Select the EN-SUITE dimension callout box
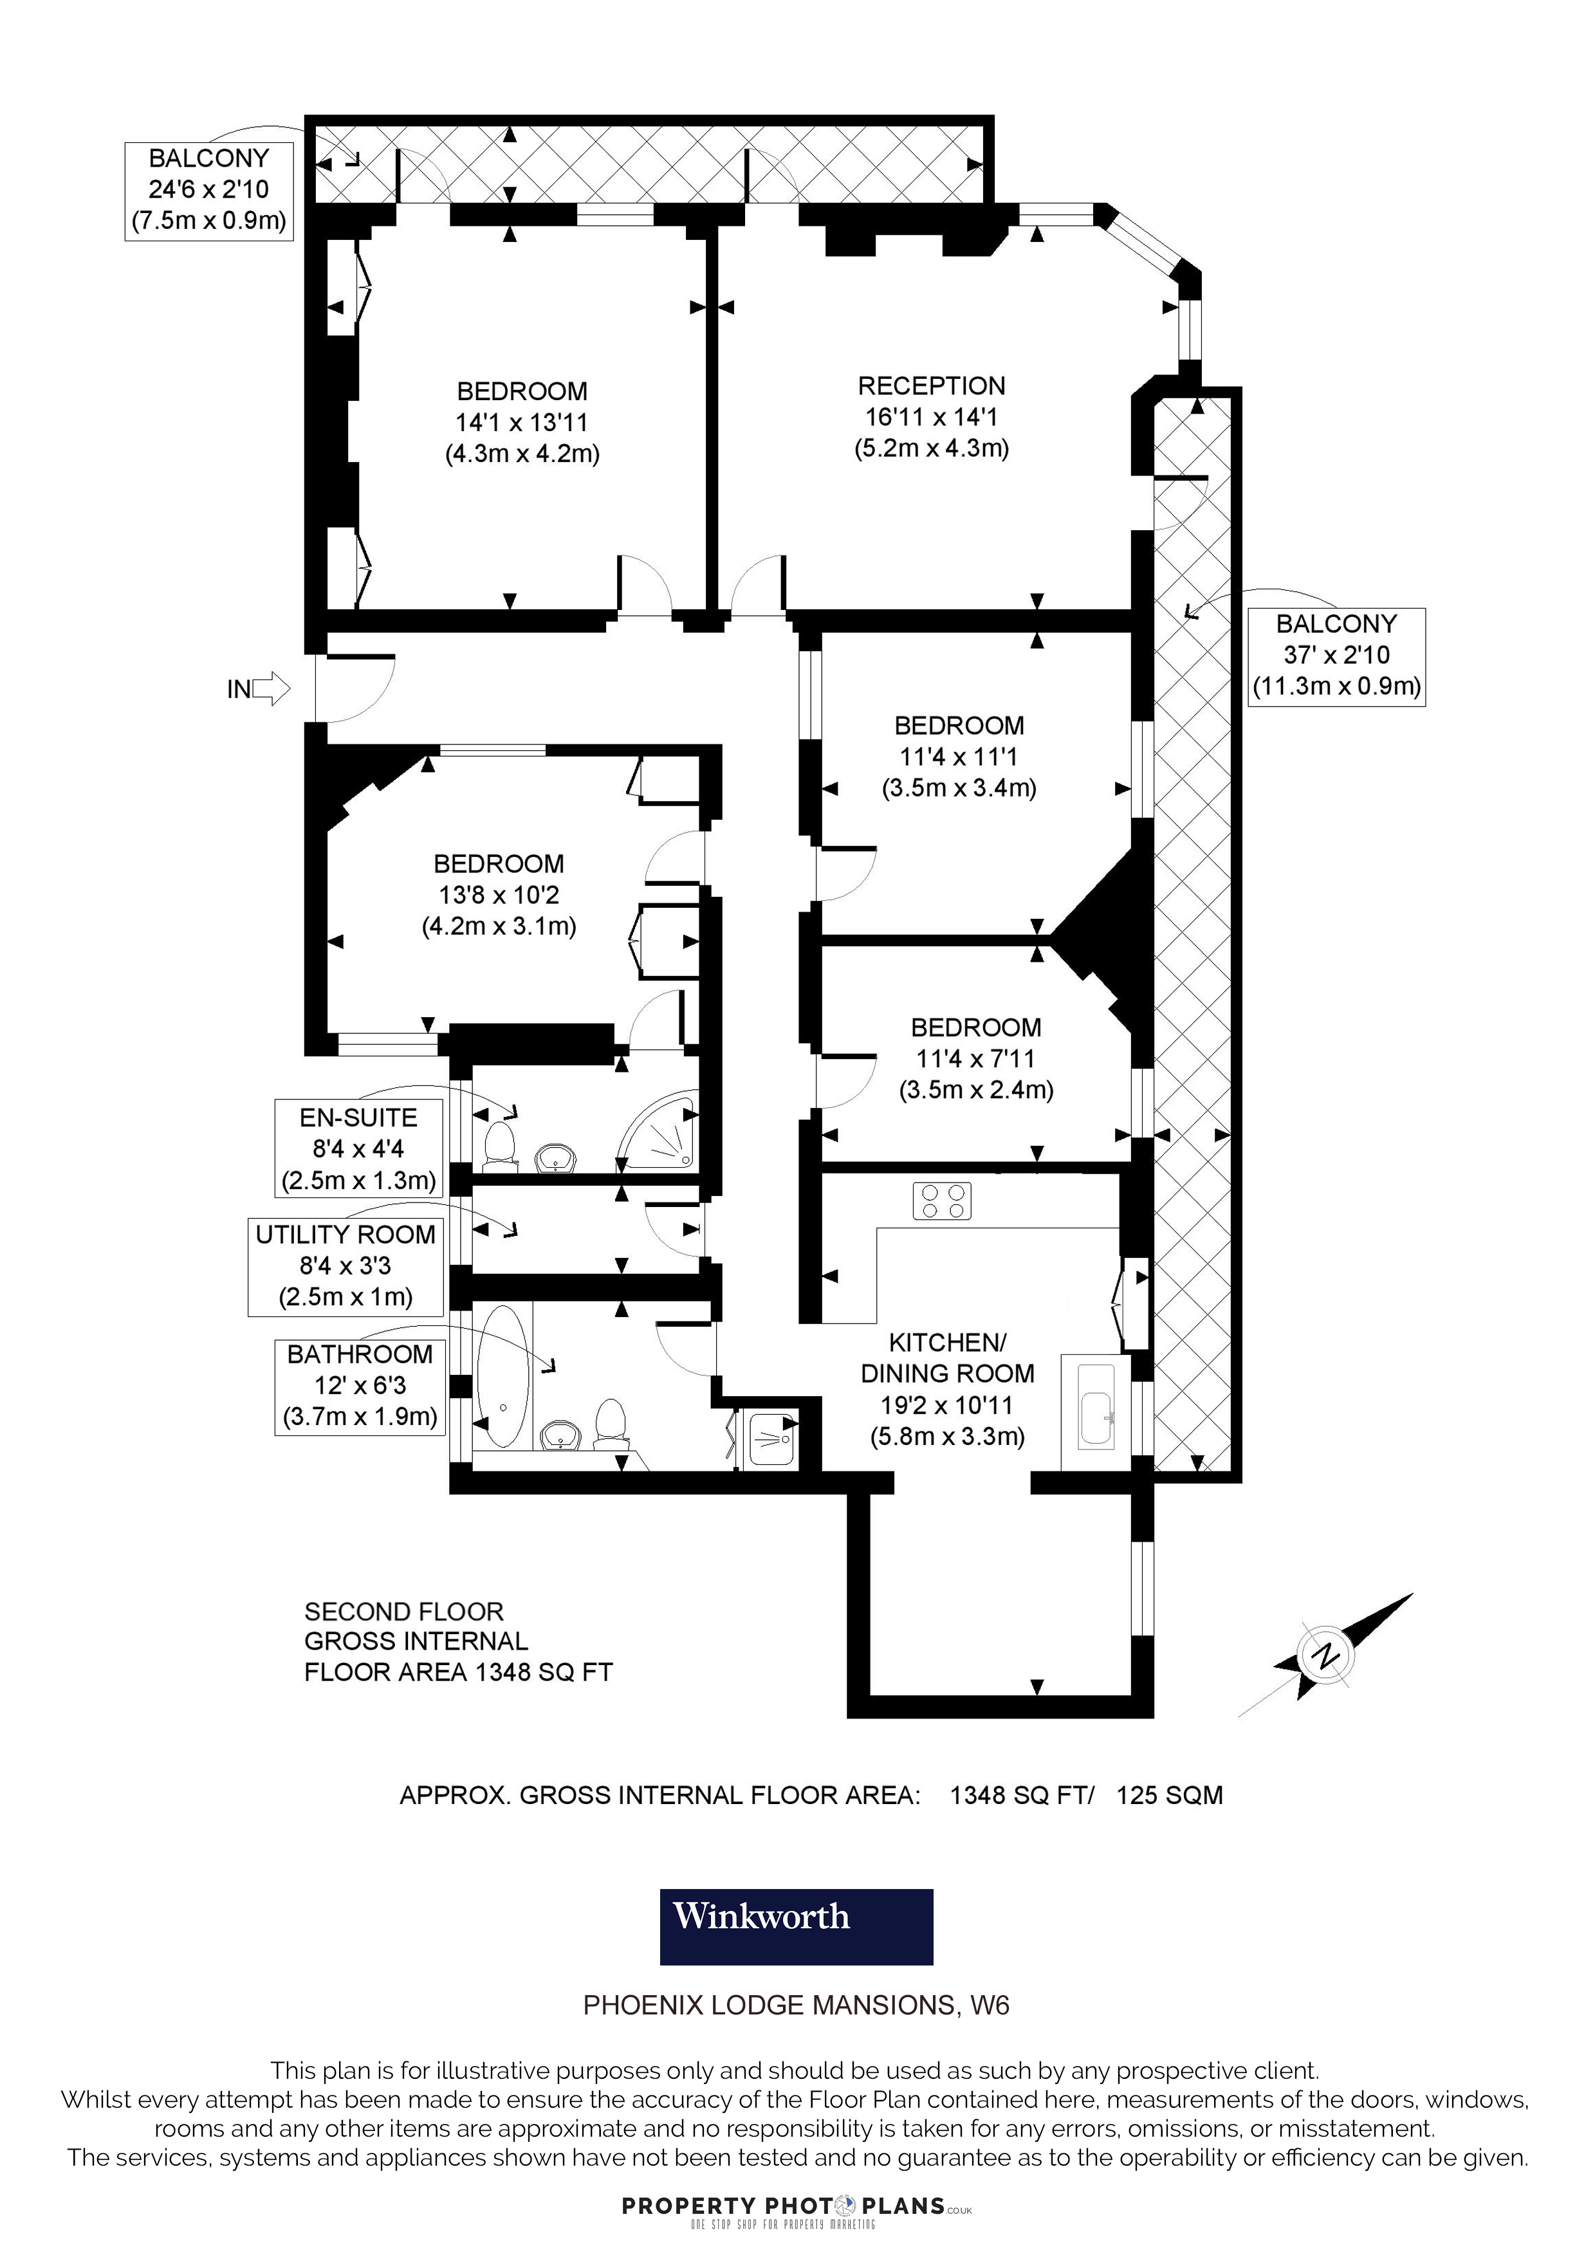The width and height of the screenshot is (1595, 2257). (x=359, y=1148)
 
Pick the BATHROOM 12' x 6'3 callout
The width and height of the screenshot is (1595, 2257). (x=360, y=1385)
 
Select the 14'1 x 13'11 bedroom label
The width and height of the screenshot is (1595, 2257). (x=522, y=423)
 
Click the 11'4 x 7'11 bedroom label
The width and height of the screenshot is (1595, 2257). (x=976, y=1059)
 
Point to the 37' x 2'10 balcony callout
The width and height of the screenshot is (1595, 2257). (x=1336, y=655)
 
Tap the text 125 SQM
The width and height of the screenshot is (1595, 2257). (x=1170, y=1795)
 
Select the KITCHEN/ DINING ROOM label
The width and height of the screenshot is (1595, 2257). (x=947, y=1389)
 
